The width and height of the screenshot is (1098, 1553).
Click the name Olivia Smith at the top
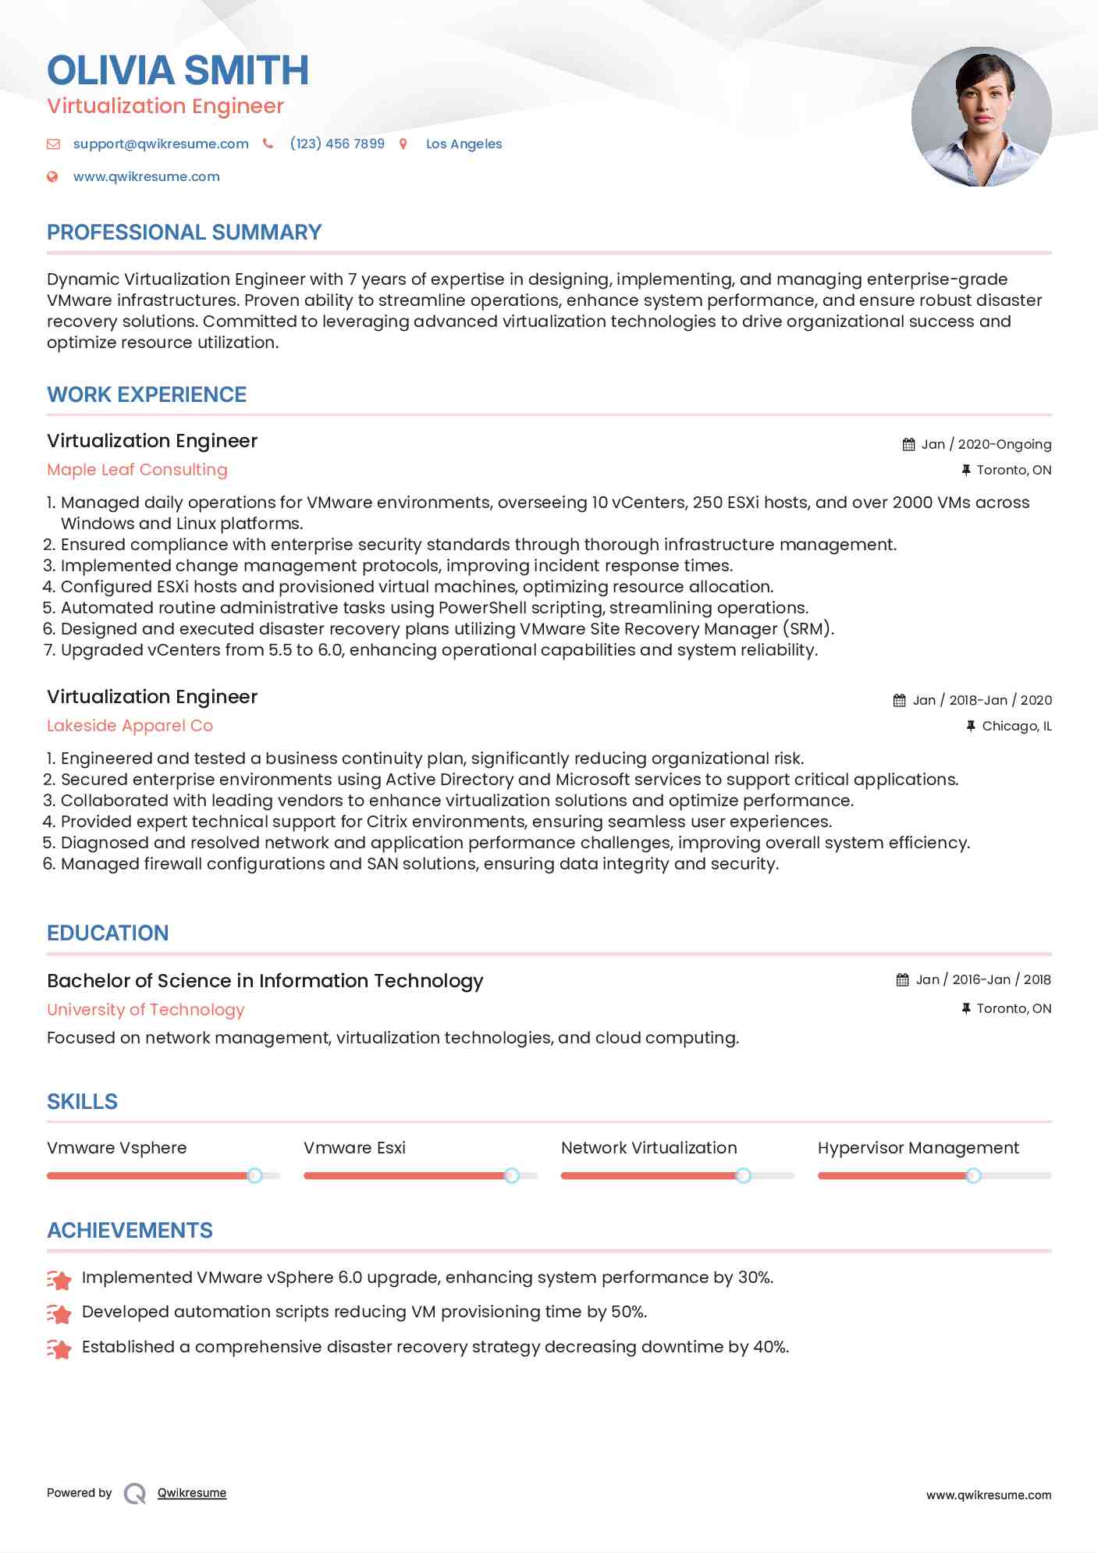(x=178, y=70)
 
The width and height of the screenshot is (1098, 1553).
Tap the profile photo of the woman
(x=981, y=117)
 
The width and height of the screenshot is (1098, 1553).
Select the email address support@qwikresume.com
(x=161, y=144)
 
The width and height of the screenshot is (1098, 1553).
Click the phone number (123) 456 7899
(x=337, y=144)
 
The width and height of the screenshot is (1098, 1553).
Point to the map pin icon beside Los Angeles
(x=403, y=144)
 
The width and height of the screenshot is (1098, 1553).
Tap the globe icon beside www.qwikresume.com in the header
(x=52, y=176)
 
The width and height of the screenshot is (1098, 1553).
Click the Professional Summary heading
(x=184, y=233)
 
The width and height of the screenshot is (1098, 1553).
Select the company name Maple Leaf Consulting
(x=137, y=470)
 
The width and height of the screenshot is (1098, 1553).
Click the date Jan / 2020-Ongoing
(x=986, y=444)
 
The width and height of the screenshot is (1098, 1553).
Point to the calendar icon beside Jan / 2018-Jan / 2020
(x=900, y=700)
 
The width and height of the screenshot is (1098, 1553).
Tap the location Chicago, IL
(x=1016, y=726)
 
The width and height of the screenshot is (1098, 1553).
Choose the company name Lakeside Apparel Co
(x=130, y=726)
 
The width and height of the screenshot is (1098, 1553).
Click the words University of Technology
(x=146, y=1010)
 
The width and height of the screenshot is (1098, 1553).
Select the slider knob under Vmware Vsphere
(x=254, y=1175)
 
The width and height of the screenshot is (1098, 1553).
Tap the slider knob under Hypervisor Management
(x=973, y=1175)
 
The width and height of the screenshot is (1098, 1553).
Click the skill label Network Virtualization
(x=648, y=1148)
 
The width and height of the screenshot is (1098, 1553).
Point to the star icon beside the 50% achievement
(x=59, y=1313)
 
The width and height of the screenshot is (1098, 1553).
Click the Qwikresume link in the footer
(x=192, y=1493)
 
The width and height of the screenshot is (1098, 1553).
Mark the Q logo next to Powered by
(x=135, y=1494)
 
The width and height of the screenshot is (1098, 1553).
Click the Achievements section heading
(x=130, y=1231)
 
